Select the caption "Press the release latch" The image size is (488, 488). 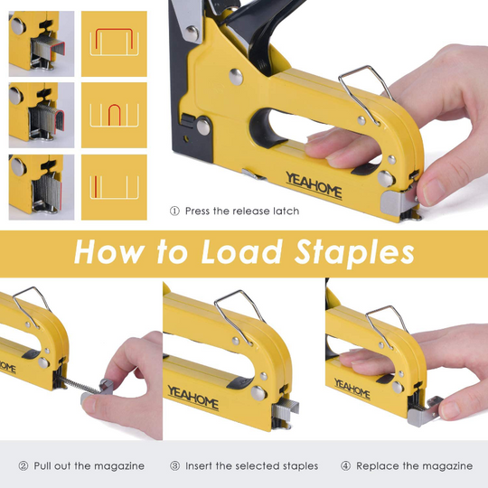(241, 211)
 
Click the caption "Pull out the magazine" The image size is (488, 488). (89, 466)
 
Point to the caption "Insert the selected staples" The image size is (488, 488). (251, 466)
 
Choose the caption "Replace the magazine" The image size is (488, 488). (414, 466)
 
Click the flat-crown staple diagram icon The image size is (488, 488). (114, 43)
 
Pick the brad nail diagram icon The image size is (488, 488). (114, 187)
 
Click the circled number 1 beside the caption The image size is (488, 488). (174, 211)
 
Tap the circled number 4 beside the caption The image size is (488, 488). (345, 466)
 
